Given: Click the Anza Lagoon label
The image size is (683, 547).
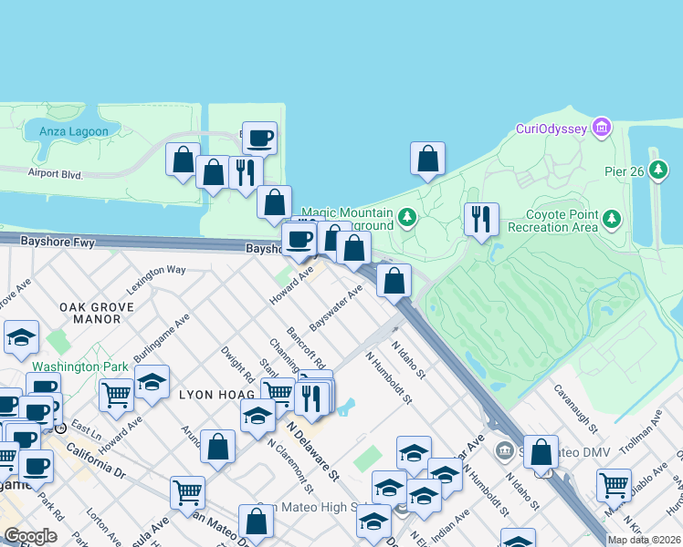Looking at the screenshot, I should click(x=73, y=131).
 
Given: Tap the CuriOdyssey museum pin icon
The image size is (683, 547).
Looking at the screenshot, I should click(x=601, y=128).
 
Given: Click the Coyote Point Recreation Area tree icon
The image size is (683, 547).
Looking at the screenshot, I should click(x=611, y=220).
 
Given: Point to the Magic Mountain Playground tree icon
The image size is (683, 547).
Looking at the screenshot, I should click(x=407, y=218).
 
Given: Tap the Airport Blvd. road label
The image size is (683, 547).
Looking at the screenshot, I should click(x=56, y=173).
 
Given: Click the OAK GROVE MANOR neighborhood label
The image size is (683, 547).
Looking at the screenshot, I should click(x=90, y=313).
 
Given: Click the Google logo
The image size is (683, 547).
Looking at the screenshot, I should click(x=30, y=536).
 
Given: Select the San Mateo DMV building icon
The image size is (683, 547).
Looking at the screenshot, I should click(x=506, y=449).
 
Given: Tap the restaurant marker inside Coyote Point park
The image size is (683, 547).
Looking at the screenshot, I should click(x=481, y=218).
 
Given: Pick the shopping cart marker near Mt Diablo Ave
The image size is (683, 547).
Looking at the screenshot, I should click(x=614, y=483).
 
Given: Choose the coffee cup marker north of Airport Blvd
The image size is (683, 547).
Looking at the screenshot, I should click(x=259, y=138).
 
